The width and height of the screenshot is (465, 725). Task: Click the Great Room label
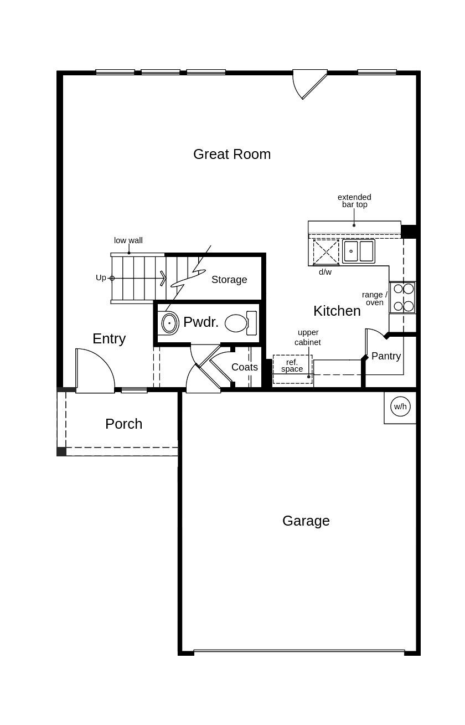[x=232, y=154]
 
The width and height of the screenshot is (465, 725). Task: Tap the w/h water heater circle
[x=400, y=407]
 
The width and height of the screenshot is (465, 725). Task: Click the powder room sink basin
[x=169, y=323]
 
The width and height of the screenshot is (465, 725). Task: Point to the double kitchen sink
[x=358, y=251]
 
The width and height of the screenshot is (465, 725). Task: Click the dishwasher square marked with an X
[x=325, y=252]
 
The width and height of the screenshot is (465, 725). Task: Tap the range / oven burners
[x=403, y=297]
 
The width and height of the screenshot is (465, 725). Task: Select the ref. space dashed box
[x=292, y=369]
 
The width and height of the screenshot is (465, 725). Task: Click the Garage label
[x=306, y=521]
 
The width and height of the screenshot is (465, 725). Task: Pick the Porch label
[x=123, y=424]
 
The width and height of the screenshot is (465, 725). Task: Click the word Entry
[x=109, y=338]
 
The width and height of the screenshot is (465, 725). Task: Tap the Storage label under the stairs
[x=229, y=280]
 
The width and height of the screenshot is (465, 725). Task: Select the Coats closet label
[x=244, y=367]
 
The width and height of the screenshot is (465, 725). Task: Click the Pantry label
[x=386, y=356]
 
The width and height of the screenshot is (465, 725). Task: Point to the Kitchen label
[x=337, y=311]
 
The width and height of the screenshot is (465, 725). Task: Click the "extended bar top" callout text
[x=354, y=200]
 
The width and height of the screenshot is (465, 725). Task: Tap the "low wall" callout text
[x=128, y=240]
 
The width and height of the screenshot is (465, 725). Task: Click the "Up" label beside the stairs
[x=101, y=277]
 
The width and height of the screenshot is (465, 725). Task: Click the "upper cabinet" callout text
[x=308, y=337]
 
